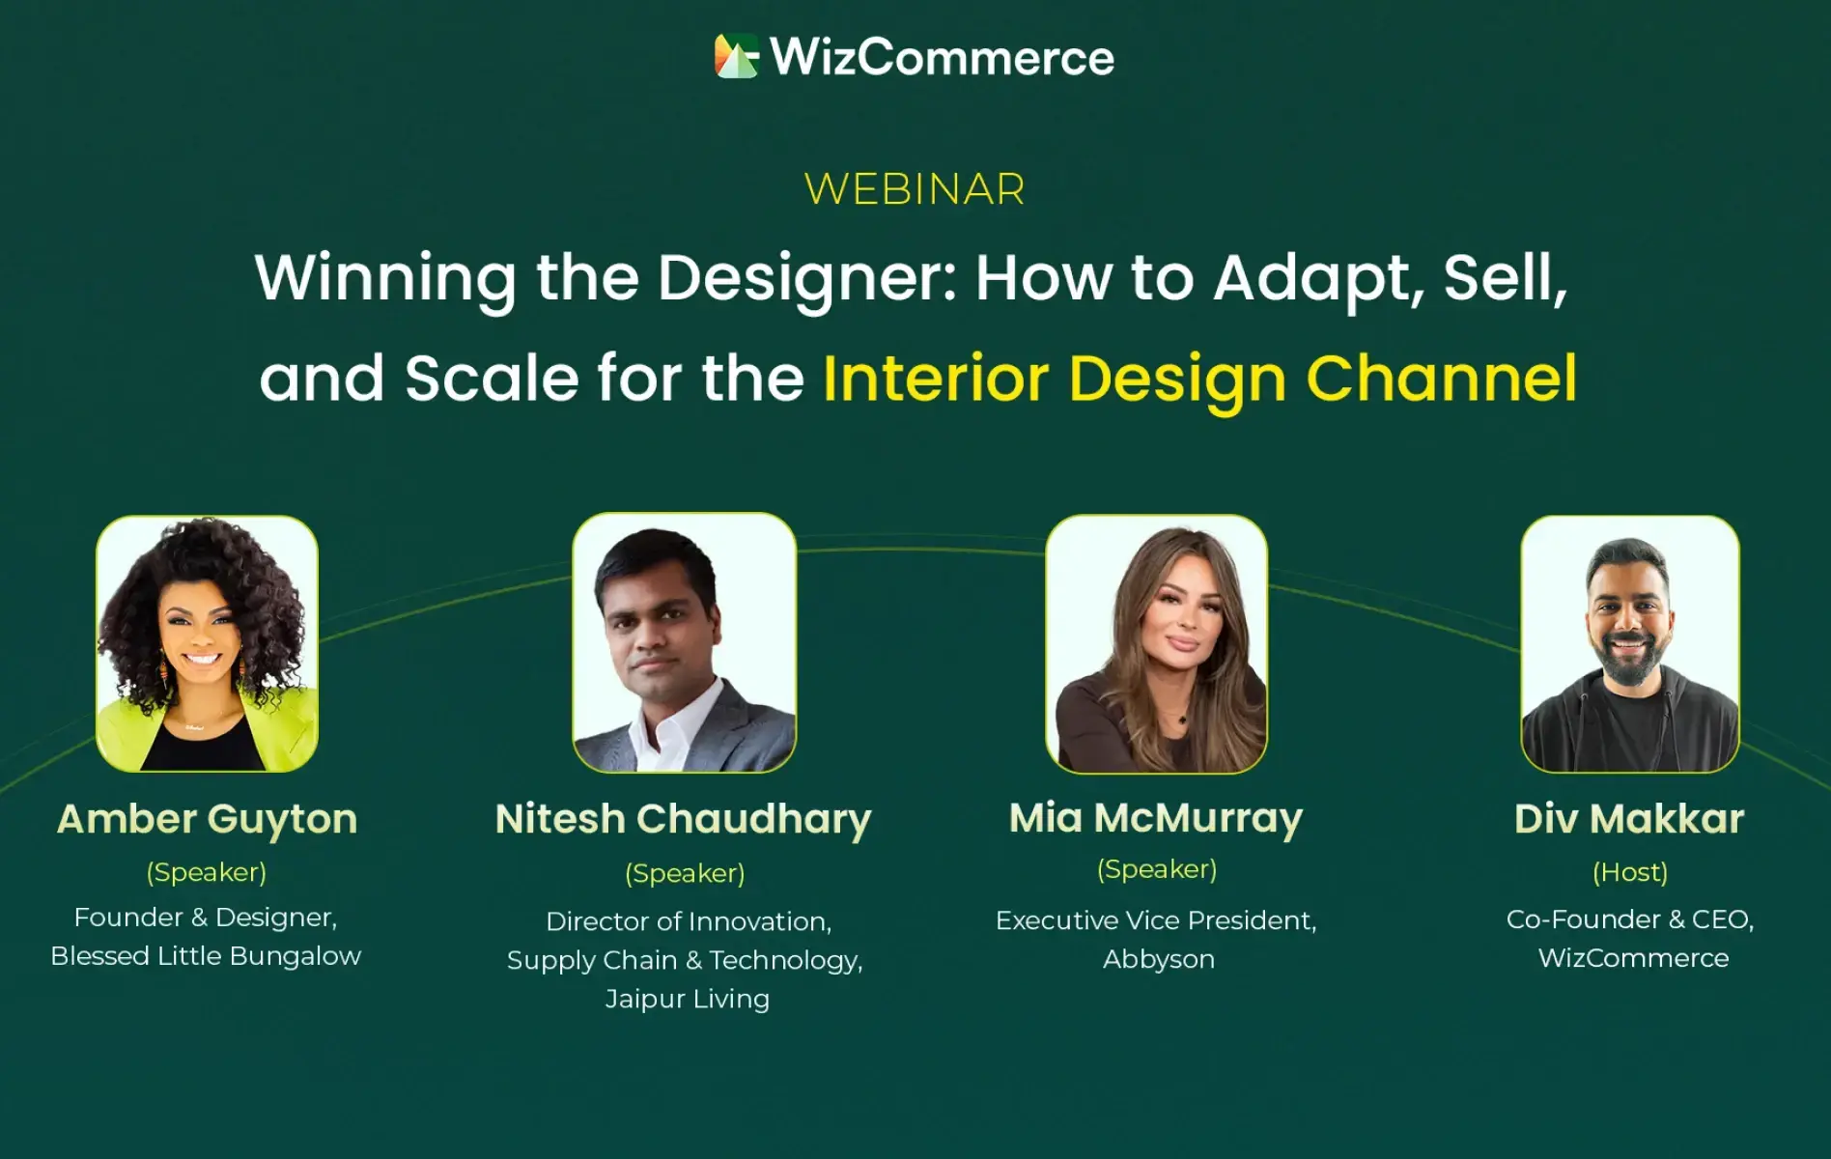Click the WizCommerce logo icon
tap(737, 56)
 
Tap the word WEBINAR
tap(915, 189)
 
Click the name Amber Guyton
tap(208, 820)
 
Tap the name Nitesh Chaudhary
tap(684, 820)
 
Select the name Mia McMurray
tap(1156, 819)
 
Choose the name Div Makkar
tap(1629, 819)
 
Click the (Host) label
tap(1630, 872)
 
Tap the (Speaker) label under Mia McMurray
tap(1157, 869)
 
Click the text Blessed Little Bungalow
tap(206, 956)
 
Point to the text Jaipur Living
tap(688, 999)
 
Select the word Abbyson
tap(1159, 959)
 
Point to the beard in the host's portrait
tap(1628, 658)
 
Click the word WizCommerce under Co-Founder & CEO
tap(1633, 958)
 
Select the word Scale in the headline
tap(492, 378)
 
